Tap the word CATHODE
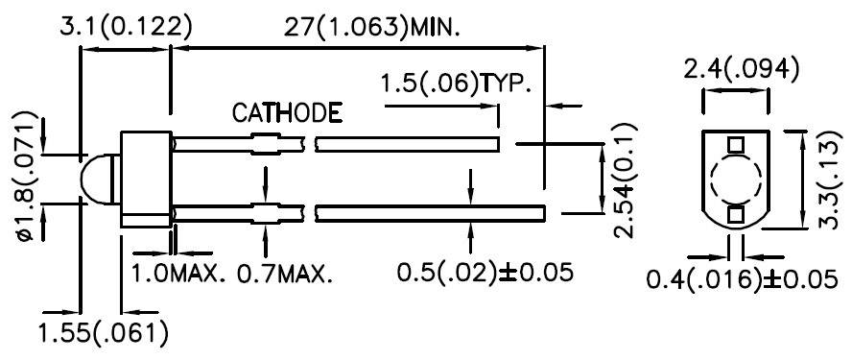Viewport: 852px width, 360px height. click(x=287, y=113)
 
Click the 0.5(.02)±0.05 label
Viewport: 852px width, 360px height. click(x=485, y=272)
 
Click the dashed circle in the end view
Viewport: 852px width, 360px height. click(x=735, y=180)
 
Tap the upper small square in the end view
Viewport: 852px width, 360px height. click(x=735, y=145)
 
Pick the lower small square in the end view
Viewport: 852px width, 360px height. click(x=735, y=214)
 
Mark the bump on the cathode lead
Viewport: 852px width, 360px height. click(x=264, y=147)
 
